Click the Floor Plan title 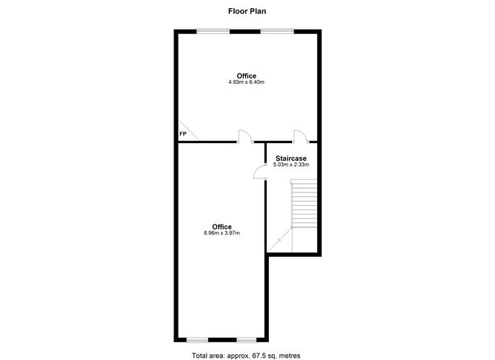(247, 11)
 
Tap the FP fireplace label (183, 134)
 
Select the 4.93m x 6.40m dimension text (247, 82)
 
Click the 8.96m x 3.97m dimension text (222, 233)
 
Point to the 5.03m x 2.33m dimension (291, 164)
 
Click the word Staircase (291, 159)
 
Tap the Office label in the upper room (247, 76)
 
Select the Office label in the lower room (222, 227)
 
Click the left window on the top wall (213, 31)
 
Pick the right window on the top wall (277, 31)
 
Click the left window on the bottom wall (198, 340)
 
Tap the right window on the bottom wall (247, 340)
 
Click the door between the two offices (245, 136)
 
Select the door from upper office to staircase (301, 136)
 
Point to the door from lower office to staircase (260, 172)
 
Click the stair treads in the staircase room (304, 203)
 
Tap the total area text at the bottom (246, 356)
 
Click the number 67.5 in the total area (258, 356)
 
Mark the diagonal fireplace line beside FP (189, 130)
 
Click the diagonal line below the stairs (279, 240)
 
